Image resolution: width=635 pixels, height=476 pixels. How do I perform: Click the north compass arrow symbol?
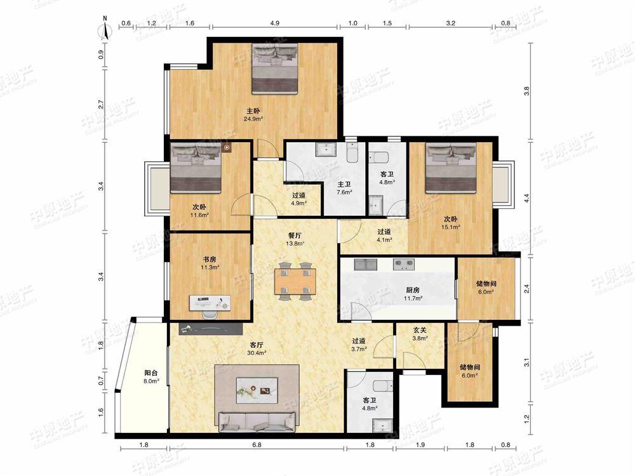[105, 29]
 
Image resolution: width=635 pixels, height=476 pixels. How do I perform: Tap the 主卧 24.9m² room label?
[253, 114]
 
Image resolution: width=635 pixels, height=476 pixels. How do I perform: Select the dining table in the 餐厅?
[295, 281]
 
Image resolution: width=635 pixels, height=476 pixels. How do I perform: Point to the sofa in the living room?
[257, 422]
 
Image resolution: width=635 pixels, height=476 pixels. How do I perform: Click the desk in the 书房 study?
[210, 302]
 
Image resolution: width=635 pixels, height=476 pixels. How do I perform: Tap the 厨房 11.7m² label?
[413, 294]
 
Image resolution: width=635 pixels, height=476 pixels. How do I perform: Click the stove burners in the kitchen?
[404, 265]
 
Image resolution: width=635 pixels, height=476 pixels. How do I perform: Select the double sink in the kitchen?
[366, 265]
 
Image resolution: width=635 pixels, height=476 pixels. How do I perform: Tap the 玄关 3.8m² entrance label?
[420, 334]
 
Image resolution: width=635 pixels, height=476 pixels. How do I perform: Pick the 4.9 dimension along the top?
[274, 23]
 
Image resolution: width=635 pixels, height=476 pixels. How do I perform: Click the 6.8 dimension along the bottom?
[257, 445]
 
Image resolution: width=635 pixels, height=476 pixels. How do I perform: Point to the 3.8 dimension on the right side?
[526, 91]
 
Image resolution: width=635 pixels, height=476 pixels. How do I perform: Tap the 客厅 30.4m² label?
[257, 349]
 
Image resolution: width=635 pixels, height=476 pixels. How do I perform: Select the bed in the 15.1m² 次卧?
[450, 168]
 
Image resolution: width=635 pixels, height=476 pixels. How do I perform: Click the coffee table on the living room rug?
[257, 390]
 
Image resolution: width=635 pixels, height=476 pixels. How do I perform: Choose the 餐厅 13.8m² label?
[295, 239]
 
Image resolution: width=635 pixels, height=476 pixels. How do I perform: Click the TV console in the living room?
[211, 329]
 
